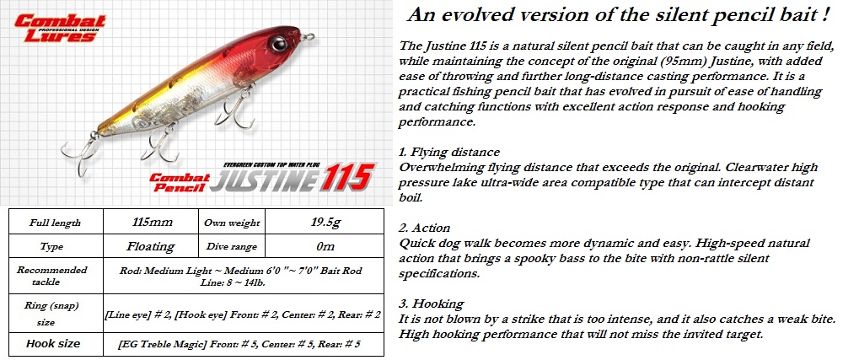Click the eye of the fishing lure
tap(279, 44)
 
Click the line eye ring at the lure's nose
tap(309, 37)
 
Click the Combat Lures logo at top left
tap(59, 28)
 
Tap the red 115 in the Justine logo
tap(347, 177)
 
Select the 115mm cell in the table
tap(151, 222)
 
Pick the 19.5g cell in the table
tap(325, 222)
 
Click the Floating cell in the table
tap(151, 247)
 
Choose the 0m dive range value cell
tap(325, 247)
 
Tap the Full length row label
tap(55, 223)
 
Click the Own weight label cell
tap(232, 223)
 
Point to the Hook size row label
tap(53, 343)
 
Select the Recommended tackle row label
tap(51, 276)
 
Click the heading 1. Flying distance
tap(449, 152)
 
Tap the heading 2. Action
tap(425, 228)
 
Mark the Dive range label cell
tap(232, 247)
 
